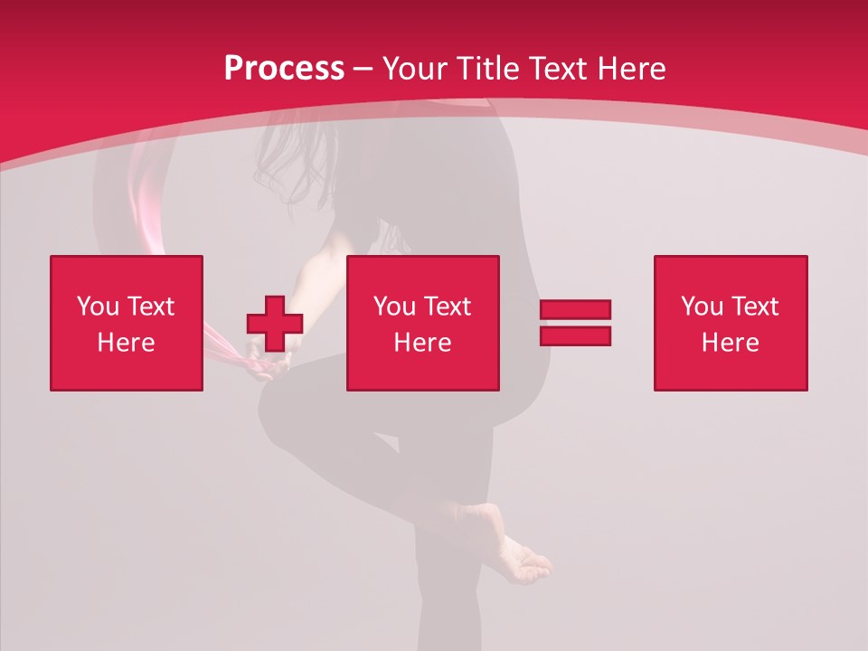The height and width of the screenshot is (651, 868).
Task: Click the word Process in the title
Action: pos(284,69)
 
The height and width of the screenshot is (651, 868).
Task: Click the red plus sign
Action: pos(275,324)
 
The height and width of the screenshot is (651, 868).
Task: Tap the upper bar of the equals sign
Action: pos(575,309)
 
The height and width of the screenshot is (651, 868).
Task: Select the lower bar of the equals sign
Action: pos(575,335)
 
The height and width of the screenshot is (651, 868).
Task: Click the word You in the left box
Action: pos(98,307)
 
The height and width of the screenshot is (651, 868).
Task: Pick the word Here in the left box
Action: pos(126,343)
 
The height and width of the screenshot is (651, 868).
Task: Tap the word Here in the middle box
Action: pos(422,343)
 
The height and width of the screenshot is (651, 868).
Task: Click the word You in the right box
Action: pos(702,307)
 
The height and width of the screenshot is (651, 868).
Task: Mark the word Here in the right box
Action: pos(730,343)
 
